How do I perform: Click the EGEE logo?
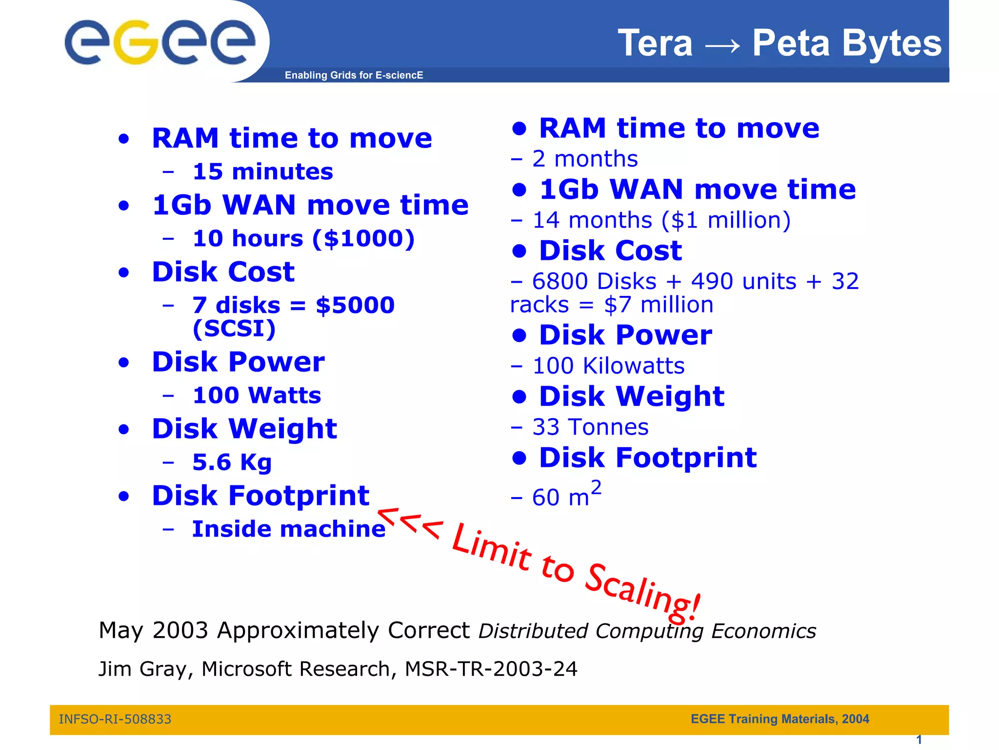click(x=160, y=42)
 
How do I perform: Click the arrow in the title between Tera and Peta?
click(x=722, y=45)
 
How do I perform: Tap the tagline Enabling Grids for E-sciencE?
click(x=354, y=75)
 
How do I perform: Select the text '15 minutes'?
click(x=262, y=171)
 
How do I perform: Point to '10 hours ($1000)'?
click(x=303, y=238)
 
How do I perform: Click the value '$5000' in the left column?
click(x=355, y=305)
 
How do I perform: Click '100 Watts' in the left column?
click(x=257, y=395)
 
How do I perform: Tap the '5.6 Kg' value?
click(x=232, y=462)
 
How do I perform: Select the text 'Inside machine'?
click(x=289, y=529)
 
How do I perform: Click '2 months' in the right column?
click(x=585, y=159)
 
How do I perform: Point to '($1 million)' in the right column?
click(x=726, y=220)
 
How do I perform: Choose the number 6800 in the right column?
click(x=559, y=281)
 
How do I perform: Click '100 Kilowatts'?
click(x=608, y=366)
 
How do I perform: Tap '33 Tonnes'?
click(x=590, y=427)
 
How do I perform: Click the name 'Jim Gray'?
click(x=142, y=668)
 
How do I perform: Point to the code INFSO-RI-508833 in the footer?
click(x=115, y=719)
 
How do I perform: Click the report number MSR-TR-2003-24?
click(x=491, y=668)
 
